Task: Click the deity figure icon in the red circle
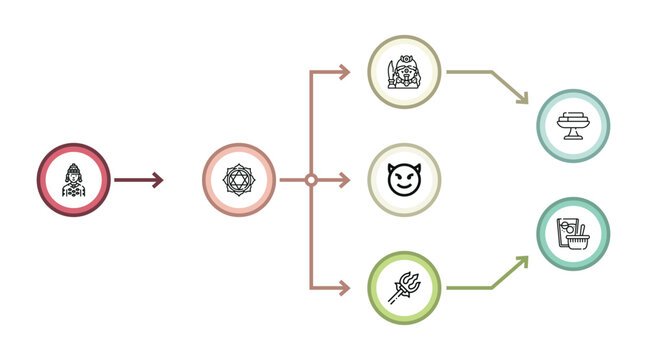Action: (x=73, y=180)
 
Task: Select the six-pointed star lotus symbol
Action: (x=239, y=180)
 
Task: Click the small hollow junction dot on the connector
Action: (x=311, y=180)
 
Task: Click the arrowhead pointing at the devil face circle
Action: (x=345, y=180)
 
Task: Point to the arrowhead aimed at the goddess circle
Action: (x=345, y=72)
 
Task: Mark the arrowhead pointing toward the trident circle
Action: (x=345, y=288)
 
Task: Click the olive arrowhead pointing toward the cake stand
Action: (x=524, y=99)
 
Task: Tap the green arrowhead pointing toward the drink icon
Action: (x=523, y=261)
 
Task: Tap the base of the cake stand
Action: (x=572, y=137)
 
